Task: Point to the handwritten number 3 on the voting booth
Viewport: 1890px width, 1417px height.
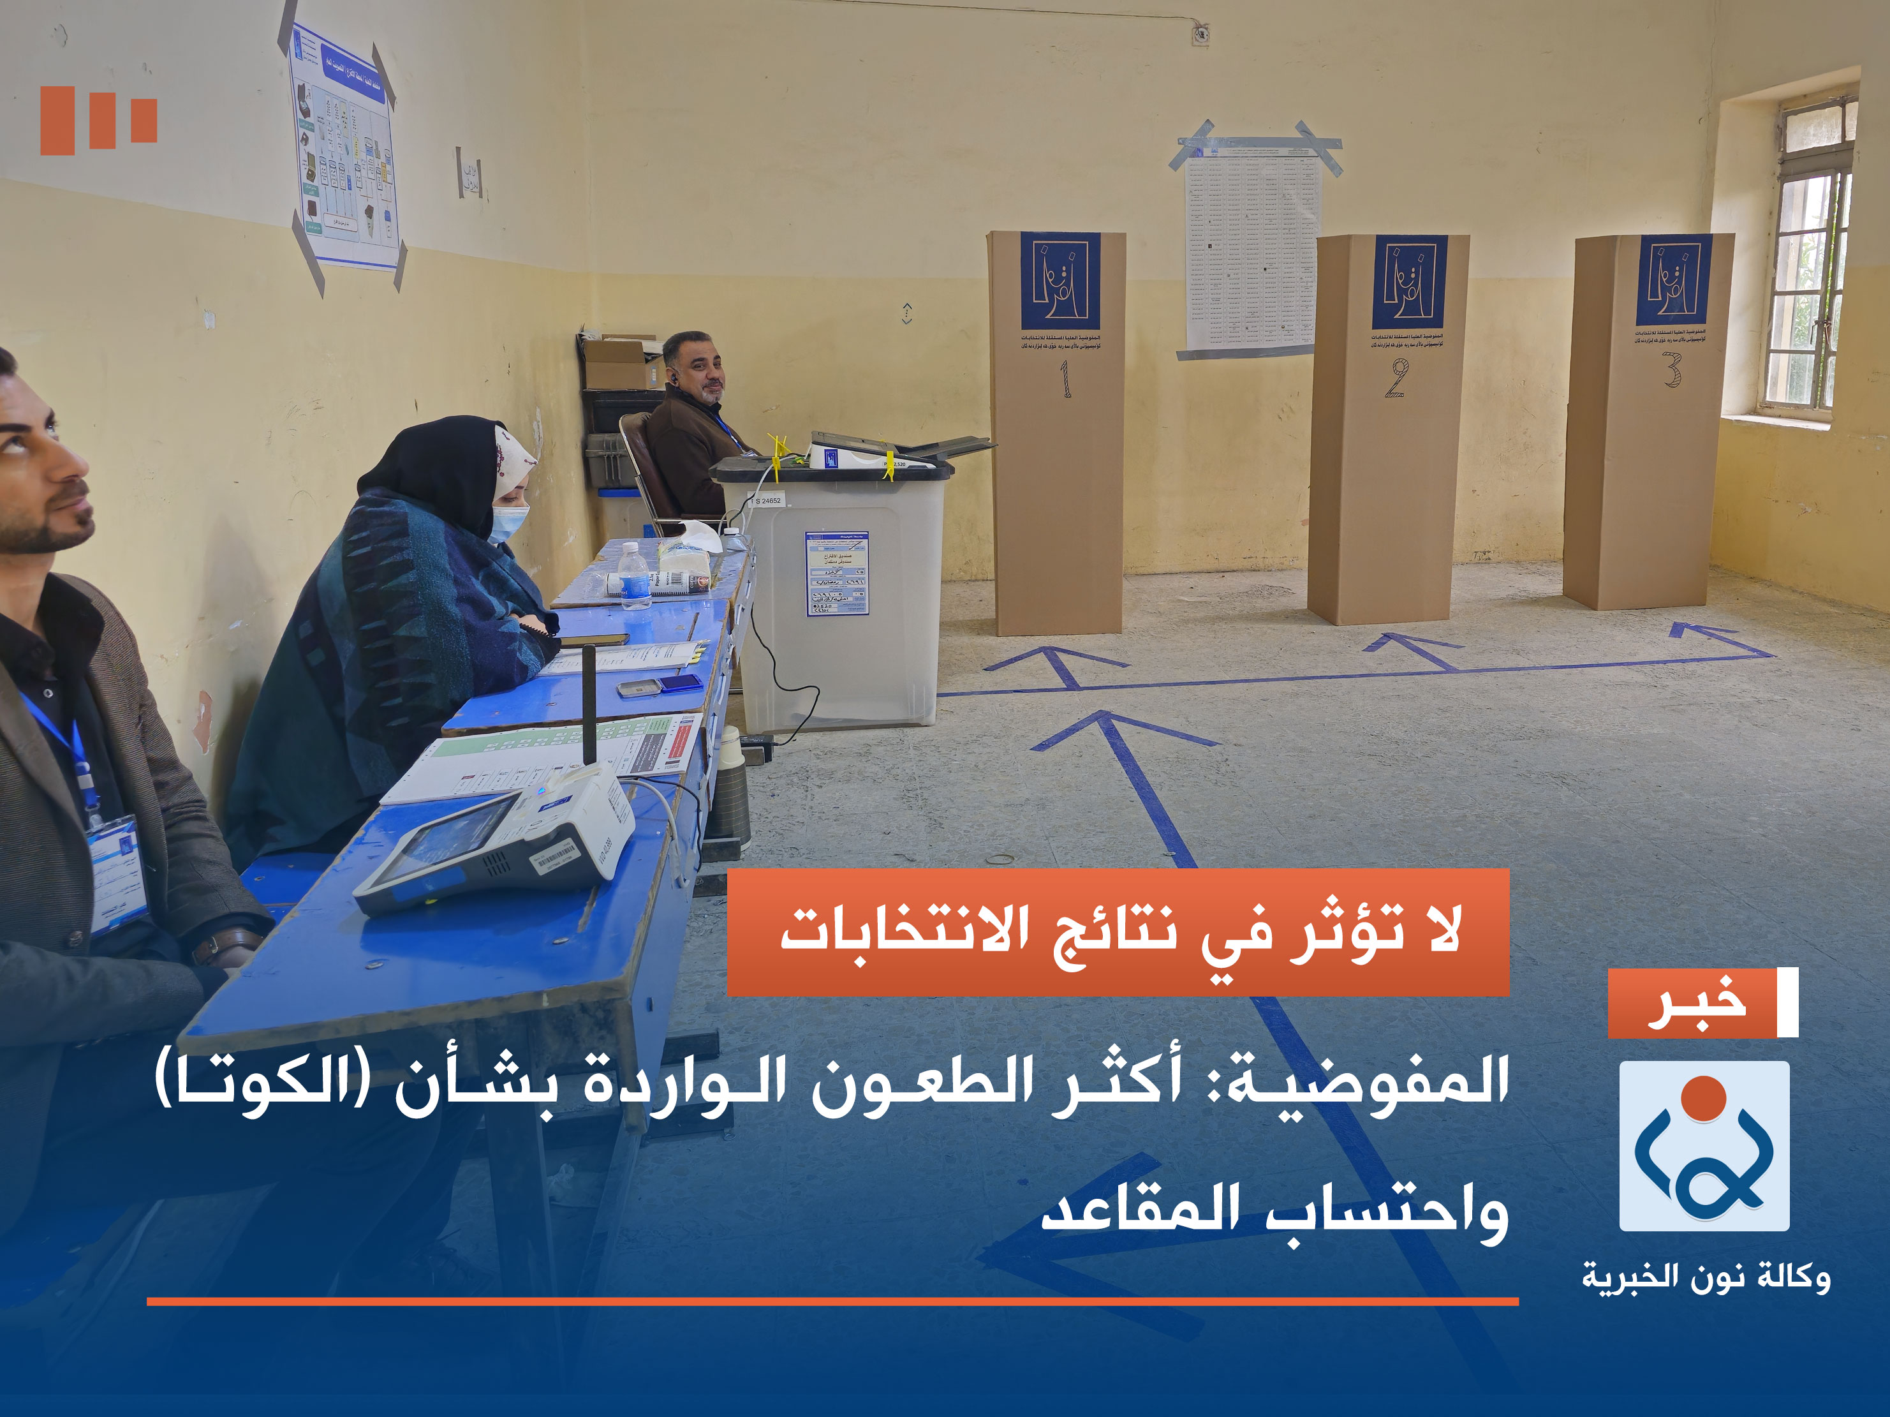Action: coord(1672,369)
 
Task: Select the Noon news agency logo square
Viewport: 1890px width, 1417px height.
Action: coord(1704,1146)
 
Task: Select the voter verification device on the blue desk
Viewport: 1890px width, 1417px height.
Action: coord(496,842)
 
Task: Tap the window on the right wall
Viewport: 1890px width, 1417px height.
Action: coord(1806,256)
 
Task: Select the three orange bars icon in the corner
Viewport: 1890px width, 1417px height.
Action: coord(98,120)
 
